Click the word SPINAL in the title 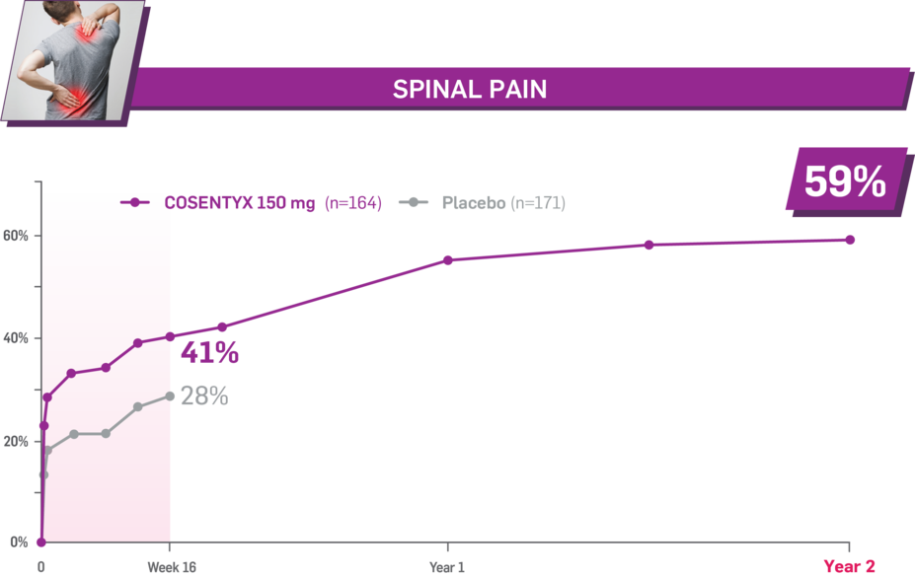point(429,90)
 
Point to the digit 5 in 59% point(818,182)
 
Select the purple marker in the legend point(134,202)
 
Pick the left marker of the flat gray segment point(74,434)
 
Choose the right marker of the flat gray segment point(106,433)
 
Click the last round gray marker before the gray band point(174,396)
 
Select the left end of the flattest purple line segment point(71,373)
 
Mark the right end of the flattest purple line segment point(106,368)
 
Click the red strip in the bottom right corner point(869,567)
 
